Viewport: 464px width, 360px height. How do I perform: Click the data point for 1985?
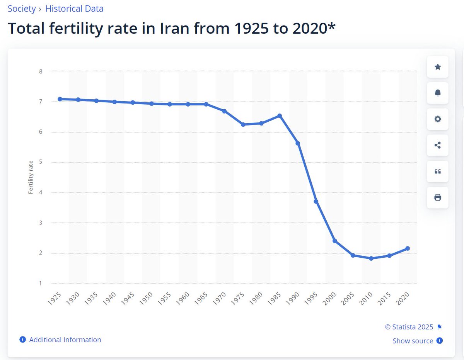279,116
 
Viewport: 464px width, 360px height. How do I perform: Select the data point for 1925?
60,99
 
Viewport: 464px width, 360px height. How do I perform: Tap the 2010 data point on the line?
371,258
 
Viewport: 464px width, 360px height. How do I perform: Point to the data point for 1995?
316,202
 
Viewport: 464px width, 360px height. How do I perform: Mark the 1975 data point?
243,124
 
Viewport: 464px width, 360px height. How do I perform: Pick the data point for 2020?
408,248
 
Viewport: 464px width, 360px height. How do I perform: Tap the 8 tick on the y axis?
41,71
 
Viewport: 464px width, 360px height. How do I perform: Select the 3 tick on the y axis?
41,223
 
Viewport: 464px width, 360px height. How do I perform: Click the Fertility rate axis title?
31,177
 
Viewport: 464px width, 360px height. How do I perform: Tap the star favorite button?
438,67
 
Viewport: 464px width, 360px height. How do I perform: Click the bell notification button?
438,93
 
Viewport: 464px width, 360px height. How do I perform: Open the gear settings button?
438,119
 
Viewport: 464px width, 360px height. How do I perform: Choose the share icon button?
438,145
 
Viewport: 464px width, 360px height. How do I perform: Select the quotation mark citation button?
438,172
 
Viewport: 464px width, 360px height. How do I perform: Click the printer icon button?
438,197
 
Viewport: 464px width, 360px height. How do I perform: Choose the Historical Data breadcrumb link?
74,9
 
